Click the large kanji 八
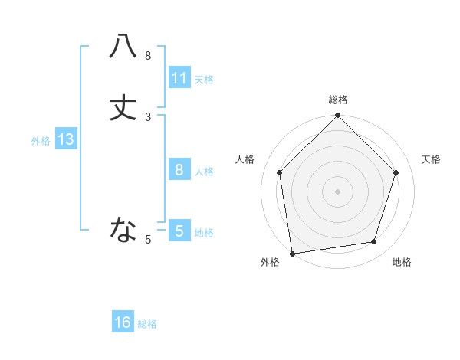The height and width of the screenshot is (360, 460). click(123, 46)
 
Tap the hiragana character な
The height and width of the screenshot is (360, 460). click(123, 228)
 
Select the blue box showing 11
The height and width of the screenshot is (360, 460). click(179, 77)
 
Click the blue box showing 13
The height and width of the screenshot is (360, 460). click(66, 139)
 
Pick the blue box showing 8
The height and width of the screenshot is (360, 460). click(179, 170)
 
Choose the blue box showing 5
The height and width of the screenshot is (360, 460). click(179, 231)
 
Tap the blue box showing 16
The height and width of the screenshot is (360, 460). click(123, 322)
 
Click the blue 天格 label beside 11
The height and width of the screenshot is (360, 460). click(204, 79)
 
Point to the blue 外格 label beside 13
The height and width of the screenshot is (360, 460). click(41, 141)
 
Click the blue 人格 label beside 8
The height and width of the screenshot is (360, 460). click(204, 172)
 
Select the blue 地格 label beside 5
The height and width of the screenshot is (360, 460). click(204, 232)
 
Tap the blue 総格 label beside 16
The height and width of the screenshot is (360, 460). click(147, 324)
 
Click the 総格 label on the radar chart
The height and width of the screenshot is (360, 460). click(337, 100)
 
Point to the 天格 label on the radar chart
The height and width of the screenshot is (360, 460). click(431, 159)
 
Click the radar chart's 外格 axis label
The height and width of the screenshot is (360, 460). click(270, 263)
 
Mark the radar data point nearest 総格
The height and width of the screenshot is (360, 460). click(337, 116)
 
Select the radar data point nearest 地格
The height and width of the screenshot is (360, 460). click(374, 242)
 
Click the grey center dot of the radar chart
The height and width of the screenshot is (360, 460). click(337, 191)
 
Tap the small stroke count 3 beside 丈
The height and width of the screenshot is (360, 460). click(148, 117)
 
